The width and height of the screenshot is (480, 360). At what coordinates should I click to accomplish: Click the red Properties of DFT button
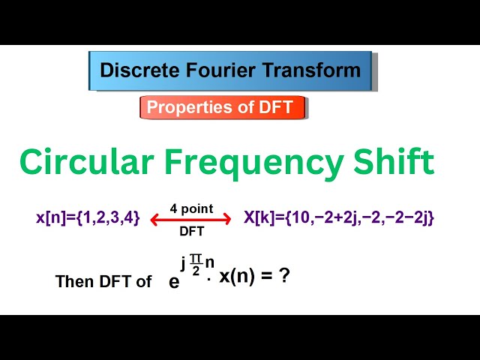point(223,107)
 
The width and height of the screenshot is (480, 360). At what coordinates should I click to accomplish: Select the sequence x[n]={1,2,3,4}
point(88,218)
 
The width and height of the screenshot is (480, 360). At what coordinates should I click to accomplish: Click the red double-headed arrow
point(190,220)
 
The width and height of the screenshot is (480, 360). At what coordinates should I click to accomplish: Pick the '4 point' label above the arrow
point(191,208)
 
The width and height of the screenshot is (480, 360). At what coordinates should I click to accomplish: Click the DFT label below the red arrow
point(191,232)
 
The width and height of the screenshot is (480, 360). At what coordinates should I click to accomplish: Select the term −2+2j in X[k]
point(338,218)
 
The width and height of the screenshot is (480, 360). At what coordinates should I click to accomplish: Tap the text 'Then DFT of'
point(103,282)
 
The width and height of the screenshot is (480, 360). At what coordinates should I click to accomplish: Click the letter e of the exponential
point(174,281)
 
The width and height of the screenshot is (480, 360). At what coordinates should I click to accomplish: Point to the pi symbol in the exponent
point(196,258)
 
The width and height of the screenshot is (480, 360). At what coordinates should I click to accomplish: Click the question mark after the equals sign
point(283,275)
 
